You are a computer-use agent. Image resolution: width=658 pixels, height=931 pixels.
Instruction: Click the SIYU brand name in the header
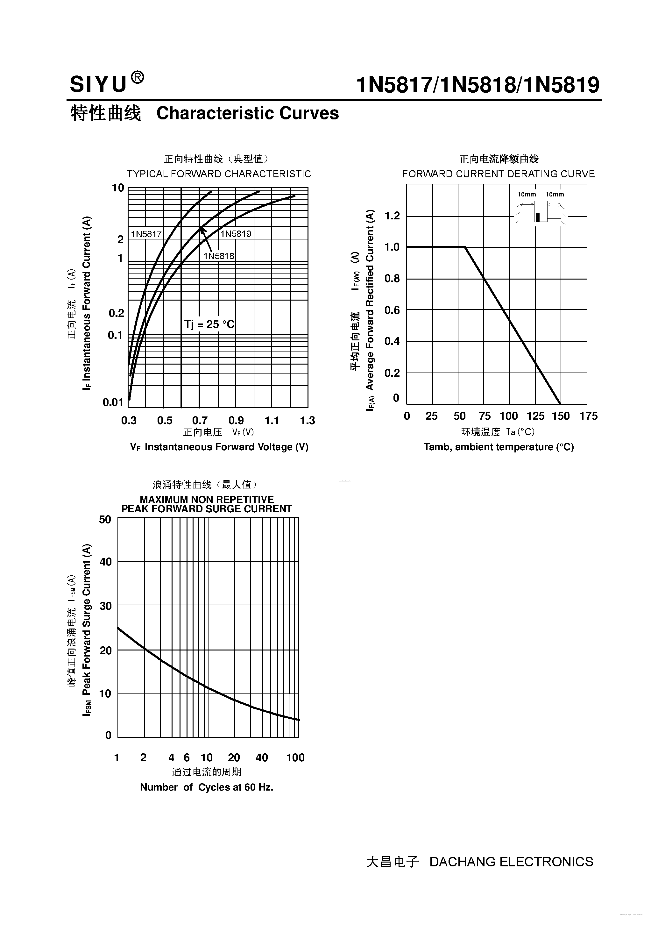pyautogui.click(x=98, y=85)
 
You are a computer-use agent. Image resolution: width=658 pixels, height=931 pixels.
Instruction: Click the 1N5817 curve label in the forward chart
pyautogui.click(x=146, y=234)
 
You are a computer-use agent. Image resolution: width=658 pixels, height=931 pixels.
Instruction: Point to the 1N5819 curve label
pyautogui.click(x=236, y=234)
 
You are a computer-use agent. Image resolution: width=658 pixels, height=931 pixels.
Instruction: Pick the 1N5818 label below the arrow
pyautogui.click(x=218, y=256)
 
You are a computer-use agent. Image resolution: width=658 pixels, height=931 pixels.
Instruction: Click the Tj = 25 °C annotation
pyautogui.click(x=209, y=324)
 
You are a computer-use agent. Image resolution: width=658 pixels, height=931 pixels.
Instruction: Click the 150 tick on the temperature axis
pyautogui.click(x=561, y=416)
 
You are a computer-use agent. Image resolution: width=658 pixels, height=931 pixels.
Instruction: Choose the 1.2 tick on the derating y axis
pyautogui.click(x=392, y=216)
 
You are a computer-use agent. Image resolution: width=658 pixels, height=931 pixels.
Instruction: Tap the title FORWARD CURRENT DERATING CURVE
pyautogui.click(x=498, y=174)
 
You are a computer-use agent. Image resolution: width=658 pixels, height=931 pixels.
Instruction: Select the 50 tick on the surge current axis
pyautogui.click(x=105, y=519)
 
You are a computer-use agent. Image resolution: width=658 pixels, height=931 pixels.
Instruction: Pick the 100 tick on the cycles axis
pyautogui.click(x=295, y=757)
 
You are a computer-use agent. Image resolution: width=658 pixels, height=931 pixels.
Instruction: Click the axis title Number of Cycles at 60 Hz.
pyautogui.click(x=206, y=787)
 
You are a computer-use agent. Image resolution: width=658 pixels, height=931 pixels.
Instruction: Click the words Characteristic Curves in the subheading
pyautogui.click(x=247, y=113)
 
